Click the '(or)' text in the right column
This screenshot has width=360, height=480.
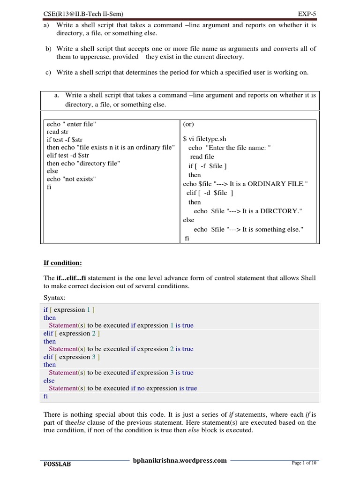188,124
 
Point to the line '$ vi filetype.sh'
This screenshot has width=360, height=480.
204,139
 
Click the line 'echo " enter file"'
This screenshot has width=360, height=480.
71,124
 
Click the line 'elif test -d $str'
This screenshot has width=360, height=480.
72,156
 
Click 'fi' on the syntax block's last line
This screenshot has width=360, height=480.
46,396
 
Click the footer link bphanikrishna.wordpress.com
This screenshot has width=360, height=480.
180,460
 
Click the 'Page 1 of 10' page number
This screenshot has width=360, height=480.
304,463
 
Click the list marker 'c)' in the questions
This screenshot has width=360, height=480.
48,72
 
